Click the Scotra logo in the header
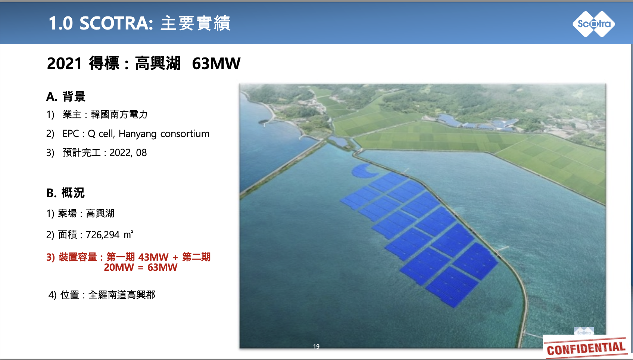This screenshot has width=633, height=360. click(x=594, y=24)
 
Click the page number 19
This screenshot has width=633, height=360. click(x=316, y=347)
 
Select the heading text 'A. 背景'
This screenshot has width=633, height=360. click(x=66, y=96)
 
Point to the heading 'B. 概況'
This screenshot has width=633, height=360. click(x=65, y=193)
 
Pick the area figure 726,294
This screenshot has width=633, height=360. click(x=103, y=235)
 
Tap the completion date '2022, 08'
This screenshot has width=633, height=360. click(x=128, y=153)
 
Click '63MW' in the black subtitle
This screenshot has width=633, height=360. click(x=216, y=63)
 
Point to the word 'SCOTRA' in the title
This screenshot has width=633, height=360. click(x=116, y=23)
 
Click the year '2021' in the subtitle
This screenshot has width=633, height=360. click(x=65, y=63)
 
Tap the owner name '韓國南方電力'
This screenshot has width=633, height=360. click(x=119, y=114)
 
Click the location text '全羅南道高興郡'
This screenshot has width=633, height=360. click(x=122, y=295)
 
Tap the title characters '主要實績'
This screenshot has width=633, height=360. click(x=196, y=23)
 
